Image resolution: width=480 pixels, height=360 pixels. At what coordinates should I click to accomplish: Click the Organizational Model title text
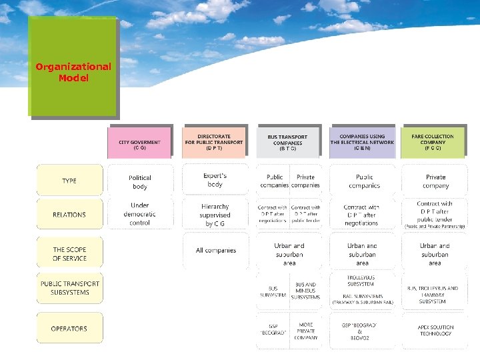tap(73, 72)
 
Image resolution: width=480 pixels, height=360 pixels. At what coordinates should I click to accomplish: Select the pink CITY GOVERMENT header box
tap(139, 143)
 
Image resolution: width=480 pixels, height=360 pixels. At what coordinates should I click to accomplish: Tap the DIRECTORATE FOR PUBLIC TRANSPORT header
tap(214, 142)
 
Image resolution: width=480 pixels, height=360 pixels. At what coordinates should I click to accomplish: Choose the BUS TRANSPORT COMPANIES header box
tap(288, 142)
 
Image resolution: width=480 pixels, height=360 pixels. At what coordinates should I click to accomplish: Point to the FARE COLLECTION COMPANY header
tap(433, 142)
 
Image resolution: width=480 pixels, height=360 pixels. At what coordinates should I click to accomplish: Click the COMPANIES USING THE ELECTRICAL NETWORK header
tap(362, 142)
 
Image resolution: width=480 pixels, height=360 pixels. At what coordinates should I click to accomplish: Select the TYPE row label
tap(69, 181)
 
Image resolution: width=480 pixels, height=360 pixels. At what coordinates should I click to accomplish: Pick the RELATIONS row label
tap(69, 215)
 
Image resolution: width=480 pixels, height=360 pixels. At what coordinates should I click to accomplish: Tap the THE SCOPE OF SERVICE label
tap(69, 253)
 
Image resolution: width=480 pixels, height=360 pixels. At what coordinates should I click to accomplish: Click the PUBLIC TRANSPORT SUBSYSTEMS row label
tap(69, 288)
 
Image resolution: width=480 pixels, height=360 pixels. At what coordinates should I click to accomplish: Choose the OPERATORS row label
tap(69, 329)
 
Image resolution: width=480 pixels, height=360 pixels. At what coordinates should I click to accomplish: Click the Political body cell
tap(140, 182)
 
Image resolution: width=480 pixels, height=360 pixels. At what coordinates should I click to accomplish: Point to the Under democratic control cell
tap(140, 214)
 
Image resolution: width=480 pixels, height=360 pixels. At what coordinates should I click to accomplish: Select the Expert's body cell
tap(215, 180)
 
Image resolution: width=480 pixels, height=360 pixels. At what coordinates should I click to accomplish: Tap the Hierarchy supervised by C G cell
tap(215, 215)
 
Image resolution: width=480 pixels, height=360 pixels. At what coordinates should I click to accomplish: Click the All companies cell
tap(215, 251)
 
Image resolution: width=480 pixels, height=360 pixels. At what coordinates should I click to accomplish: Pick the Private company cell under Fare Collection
tap(435, 181)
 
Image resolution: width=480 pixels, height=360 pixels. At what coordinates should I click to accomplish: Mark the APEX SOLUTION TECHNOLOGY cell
tap(436, 331)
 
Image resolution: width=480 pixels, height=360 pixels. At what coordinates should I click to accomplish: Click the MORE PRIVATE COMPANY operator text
tap(306, 331)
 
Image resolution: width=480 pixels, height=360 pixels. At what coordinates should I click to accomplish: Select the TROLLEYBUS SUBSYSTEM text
tap(361, 280)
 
